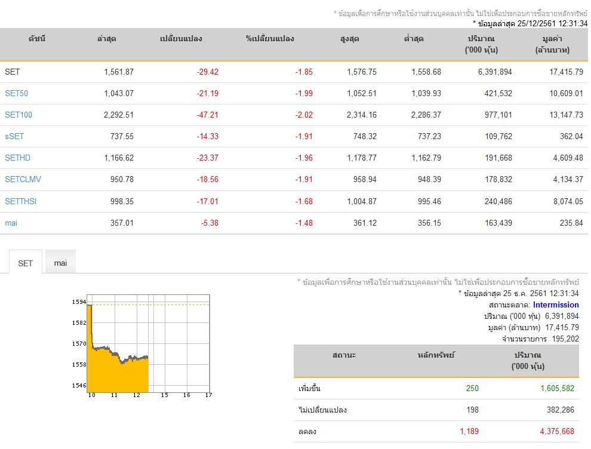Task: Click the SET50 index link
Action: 16,93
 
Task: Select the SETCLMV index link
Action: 23,179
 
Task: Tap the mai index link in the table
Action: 11,223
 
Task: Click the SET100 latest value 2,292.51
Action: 118,115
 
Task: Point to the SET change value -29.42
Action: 207,72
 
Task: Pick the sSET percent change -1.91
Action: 304,136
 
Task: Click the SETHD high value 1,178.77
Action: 361,158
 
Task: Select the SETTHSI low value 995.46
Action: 429,201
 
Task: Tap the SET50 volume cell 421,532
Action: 498,93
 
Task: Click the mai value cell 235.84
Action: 571,223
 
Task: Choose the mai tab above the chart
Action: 60,263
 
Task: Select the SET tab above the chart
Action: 25,263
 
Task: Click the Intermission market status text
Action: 556,305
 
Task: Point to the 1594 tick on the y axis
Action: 79,302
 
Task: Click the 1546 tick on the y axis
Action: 79,385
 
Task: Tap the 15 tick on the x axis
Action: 164,395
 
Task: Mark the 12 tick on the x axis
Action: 137,395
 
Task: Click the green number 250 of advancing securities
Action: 472,388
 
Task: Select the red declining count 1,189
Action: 469,431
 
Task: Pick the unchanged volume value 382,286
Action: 561,410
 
